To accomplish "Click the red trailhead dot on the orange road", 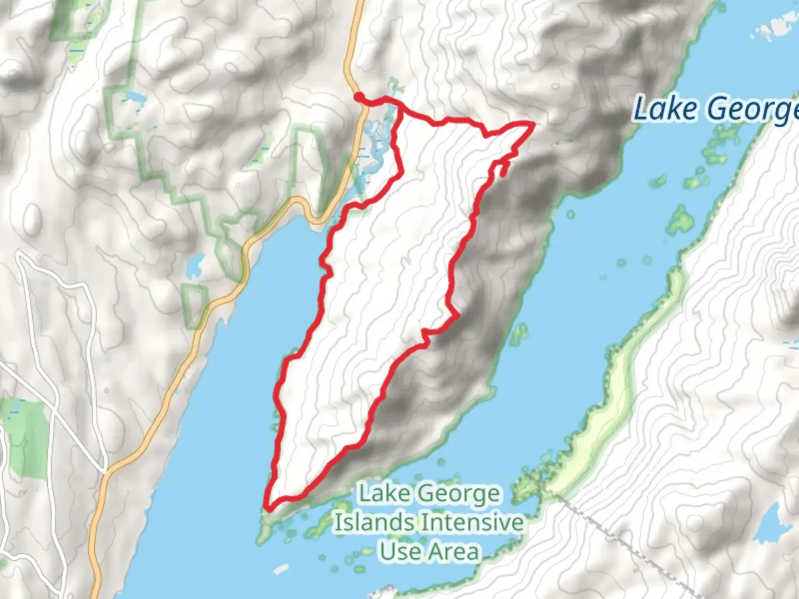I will [360, 98].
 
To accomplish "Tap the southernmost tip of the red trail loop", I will [269, 507].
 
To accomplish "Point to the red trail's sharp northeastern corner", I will [533, 124].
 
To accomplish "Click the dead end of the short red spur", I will [502, 175].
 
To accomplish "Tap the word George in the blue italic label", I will [749, 110].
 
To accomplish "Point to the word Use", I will [399, 551].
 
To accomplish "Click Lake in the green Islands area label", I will [384, 493].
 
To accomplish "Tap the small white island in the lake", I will [281, 568].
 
